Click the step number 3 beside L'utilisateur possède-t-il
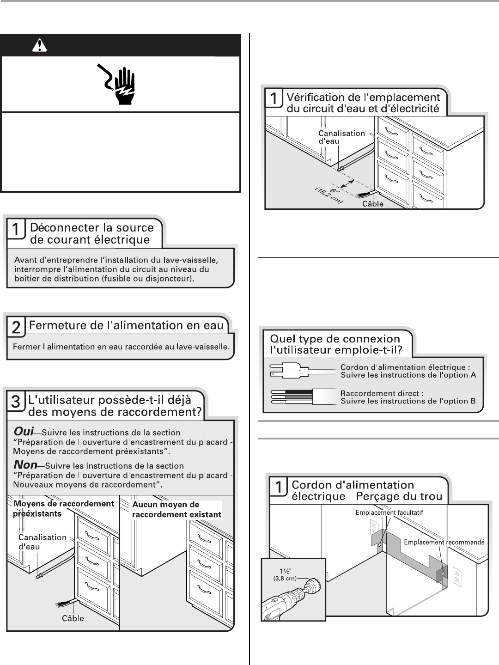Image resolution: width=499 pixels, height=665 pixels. tap(15, 402)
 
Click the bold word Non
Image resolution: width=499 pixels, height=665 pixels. tap(25, 465)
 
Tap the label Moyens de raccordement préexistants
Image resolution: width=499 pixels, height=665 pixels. tap(63, 508)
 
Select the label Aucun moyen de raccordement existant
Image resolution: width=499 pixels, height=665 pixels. tap(176, 509)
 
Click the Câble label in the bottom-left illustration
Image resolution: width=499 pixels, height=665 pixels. tap(73, 618)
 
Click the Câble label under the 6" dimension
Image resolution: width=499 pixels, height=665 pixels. tap(372, 203)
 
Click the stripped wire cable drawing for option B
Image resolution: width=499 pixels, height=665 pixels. tap(300, 397)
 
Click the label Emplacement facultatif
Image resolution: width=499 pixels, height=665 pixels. tap(389, 512)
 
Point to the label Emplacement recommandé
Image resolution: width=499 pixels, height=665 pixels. tap(444, 542)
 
